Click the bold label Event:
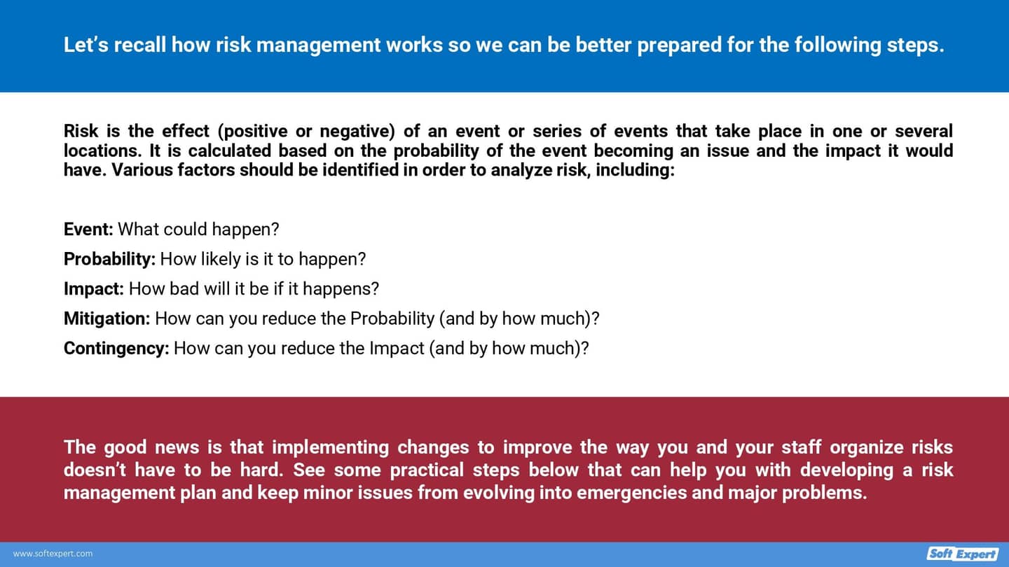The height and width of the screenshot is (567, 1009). [x=88, y=230]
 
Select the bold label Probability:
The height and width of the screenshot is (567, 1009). [x=109, y=259]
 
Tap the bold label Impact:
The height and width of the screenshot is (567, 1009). [x=94, y=288]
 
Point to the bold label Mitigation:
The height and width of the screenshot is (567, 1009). [x=107, y=318]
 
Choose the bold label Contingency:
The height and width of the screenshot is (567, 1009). [x=116, y=348]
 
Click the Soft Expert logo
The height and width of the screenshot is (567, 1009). [x=963, y=554]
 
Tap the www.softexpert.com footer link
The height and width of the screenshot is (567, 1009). [x=53, y=554]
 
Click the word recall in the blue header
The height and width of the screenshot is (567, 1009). [x=140, y=45]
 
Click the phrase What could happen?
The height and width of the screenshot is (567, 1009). [x=198, y=230]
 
